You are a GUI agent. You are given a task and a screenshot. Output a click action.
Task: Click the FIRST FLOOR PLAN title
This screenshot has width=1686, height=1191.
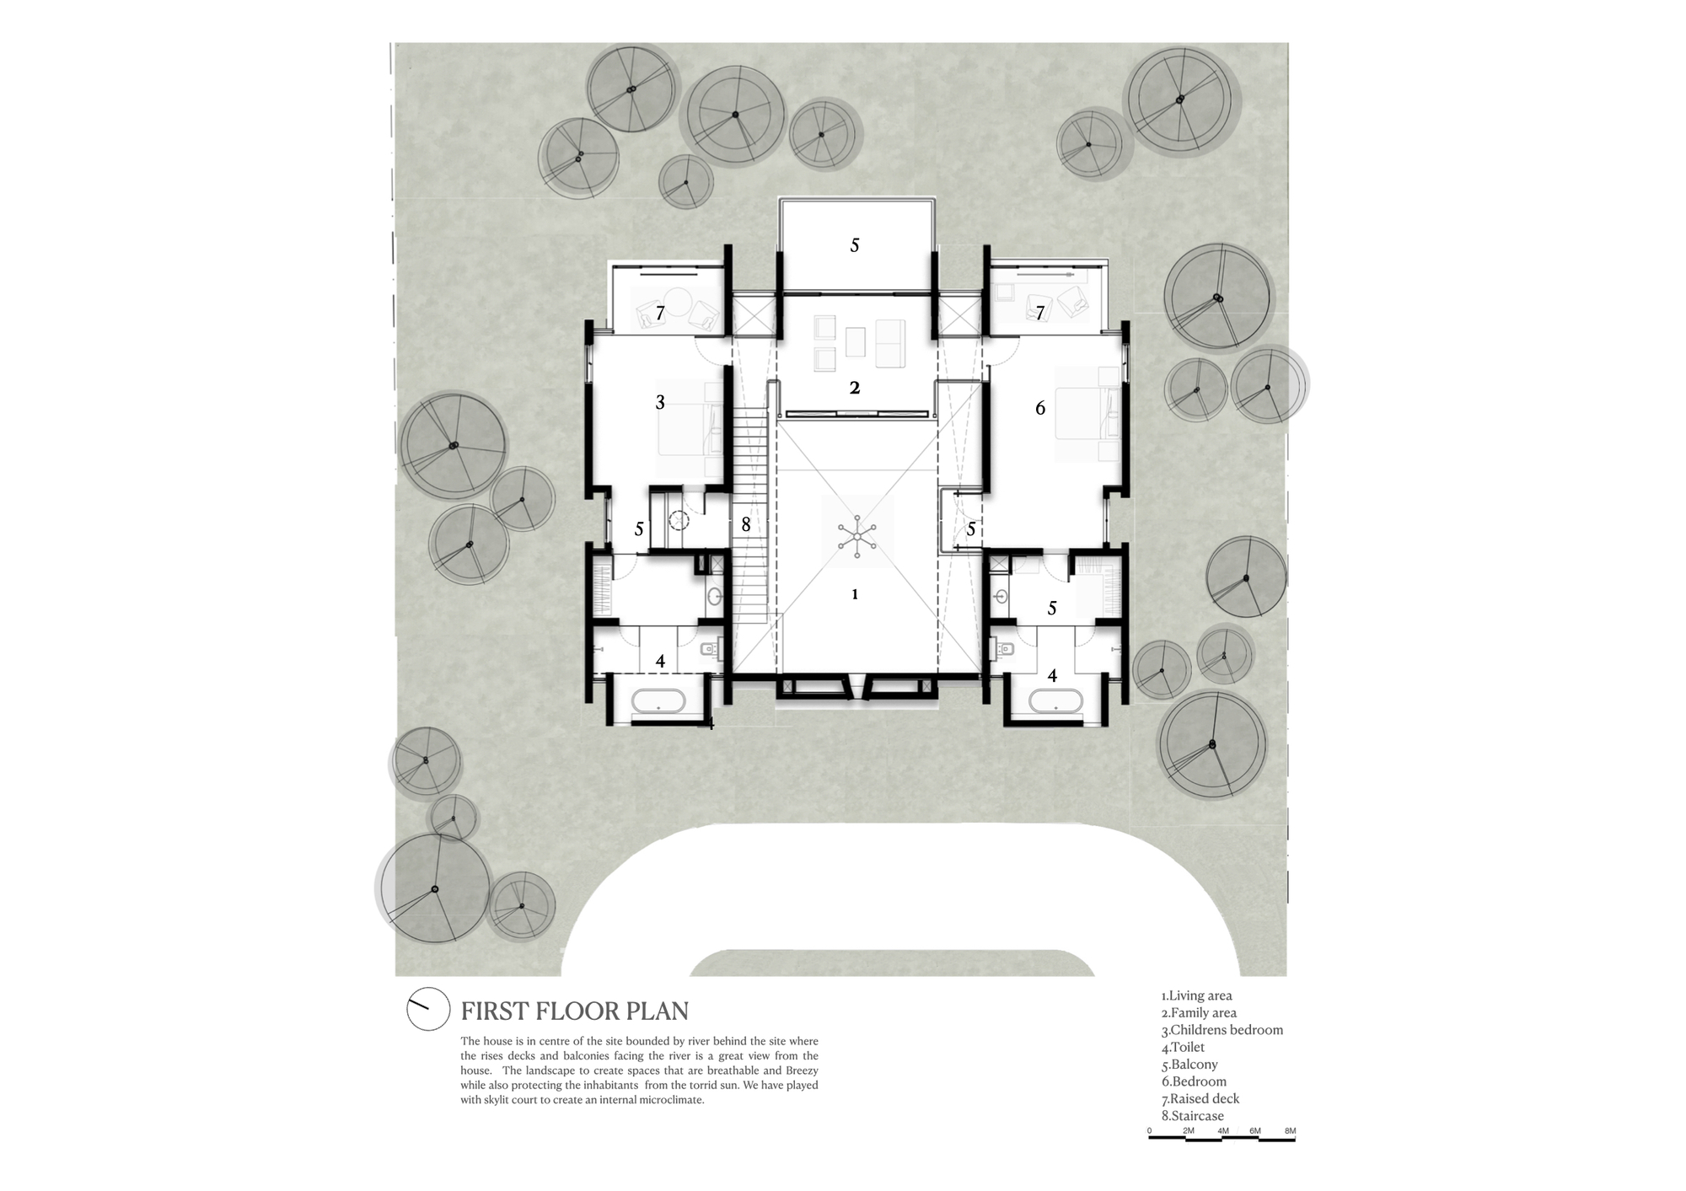pos(574,1011)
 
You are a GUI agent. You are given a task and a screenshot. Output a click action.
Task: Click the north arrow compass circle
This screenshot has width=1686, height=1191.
pos(428,1008)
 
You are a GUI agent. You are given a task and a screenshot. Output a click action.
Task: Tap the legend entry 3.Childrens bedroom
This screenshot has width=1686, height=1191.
pos(1222,1030)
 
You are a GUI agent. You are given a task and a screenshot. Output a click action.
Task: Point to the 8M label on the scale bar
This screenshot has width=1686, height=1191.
pos(1290,1131)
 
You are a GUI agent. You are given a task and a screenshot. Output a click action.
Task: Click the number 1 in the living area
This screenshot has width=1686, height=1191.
pos(855,594)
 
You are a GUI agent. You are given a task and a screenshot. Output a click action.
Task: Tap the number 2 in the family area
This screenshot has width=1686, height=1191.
pos(855,388)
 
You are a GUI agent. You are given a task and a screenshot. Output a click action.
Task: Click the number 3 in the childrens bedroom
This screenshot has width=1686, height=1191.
pos(660,403)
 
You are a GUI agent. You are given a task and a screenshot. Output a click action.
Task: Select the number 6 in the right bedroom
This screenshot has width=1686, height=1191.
pos(1040,408)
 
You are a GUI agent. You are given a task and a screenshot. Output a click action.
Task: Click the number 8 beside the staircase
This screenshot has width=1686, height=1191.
pos(745,524)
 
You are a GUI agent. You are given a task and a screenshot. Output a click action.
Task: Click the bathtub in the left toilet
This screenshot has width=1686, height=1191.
pos(660,702)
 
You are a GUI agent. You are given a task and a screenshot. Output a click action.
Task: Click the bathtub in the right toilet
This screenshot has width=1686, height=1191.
pos(1055,701)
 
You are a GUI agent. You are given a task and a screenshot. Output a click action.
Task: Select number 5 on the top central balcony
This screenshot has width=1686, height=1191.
pos(855,245)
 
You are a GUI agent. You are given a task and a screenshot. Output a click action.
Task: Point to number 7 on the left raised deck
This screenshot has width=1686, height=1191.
pos(660,313)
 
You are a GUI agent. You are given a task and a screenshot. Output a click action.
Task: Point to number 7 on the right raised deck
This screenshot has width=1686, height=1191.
pos(1040,313)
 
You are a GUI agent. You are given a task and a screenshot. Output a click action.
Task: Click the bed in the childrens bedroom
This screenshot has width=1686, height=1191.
pos(691,430)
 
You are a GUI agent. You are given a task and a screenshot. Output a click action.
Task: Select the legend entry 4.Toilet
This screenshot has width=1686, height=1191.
pos(1183,1047)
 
